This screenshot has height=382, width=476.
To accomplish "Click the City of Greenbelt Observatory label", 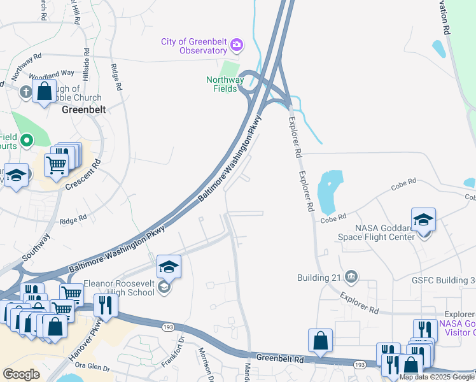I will pos(194,46).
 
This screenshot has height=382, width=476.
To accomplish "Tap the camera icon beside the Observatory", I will pos(237,45).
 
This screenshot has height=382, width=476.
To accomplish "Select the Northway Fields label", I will pos(225,84).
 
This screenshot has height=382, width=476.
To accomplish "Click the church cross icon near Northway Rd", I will pos(26,92).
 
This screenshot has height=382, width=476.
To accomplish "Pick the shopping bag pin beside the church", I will pos(45,91).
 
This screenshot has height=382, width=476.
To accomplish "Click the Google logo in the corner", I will pos(21,374).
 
